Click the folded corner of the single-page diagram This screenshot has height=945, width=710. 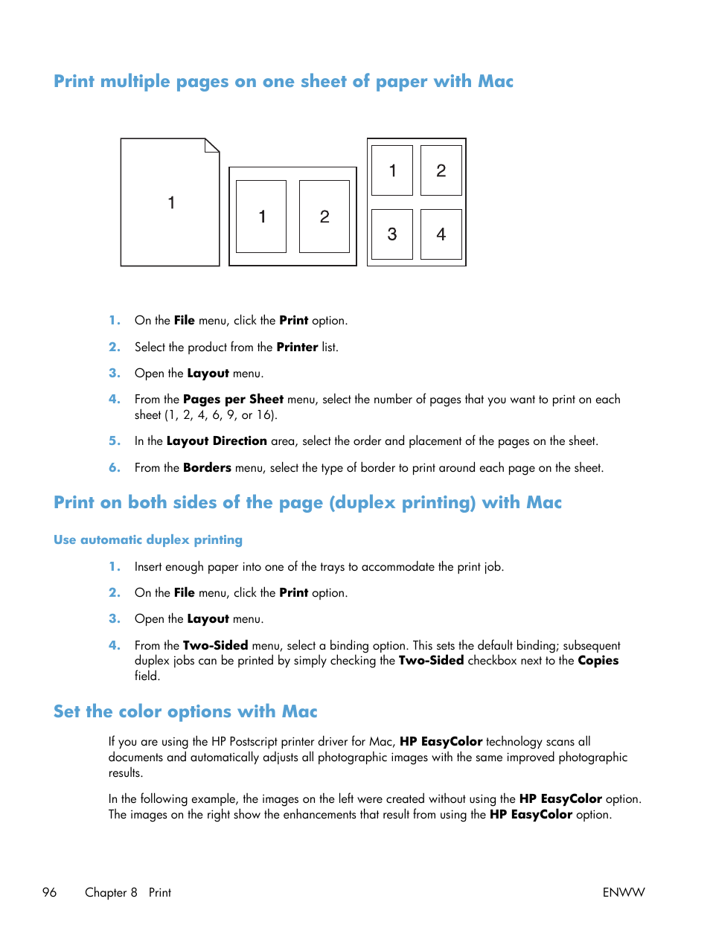(213, 144)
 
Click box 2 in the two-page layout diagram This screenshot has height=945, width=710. (324, 217)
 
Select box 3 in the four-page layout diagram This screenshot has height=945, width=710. (392, 234)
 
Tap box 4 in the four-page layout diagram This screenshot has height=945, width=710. (441, 234)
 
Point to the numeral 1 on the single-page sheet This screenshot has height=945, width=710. (171, 202)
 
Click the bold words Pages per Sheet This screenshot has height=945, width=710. (233, 400)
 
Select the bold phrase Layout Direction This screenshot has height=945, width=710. (217, 441)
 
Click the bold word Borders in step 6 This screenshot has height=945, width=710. (207, 468)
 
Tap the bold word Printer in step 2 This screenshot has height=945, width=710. (297, 347)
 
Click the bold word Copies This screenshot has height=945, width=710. (598, 661)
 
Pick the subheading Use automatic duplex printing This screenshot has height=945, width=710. (148, 540)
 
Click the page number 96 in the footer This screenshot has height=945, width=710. (50, 892)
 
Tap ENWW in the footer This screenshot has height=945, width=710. (623, 892)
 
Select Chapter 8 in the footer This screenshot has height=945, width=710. (111, 892)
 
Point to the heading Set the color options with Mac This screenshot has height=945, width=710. (185, 712)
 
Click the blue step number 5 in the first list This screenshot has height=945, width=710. (114, 441)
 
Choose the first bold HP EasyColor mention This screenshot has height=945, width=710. (441, 742)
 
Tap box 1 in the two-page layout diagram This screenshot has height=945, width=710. (261, 217)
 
